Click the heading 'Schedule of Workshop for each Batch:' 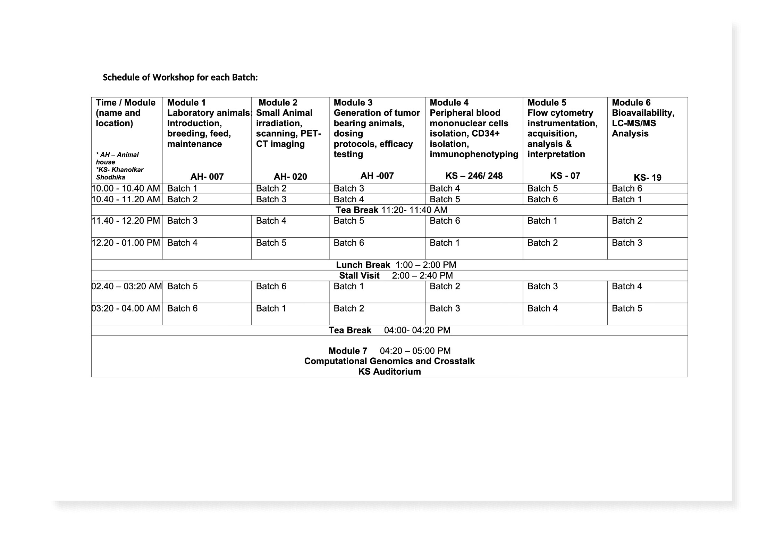[180, 77]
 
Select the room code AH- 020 [290, 177]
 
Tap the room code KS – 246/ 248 [474, 176]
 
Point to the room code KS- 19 [647, 178]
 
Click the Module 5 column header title [547, 103]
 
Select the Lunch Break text [363, 265]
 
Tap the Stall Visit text [359, 276]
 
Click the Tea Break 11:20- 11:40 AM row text [391, 210]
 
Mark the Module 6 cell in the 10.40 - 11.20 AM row [627, 199]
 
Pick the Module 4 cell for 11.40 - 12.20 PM [445, 221]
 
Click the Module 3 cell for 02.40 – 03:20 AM [348, 287]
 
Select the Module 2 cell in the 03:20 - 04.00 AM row [271, 308]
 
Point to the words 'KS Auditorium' [389, 372]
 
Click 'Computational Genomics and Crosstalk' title [389, 362]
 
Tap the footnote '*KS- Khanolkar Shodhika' [119, 173]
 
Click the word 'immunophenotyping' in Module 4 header [474, 154]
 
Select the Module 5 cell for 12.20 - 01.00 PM [542, 243]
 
